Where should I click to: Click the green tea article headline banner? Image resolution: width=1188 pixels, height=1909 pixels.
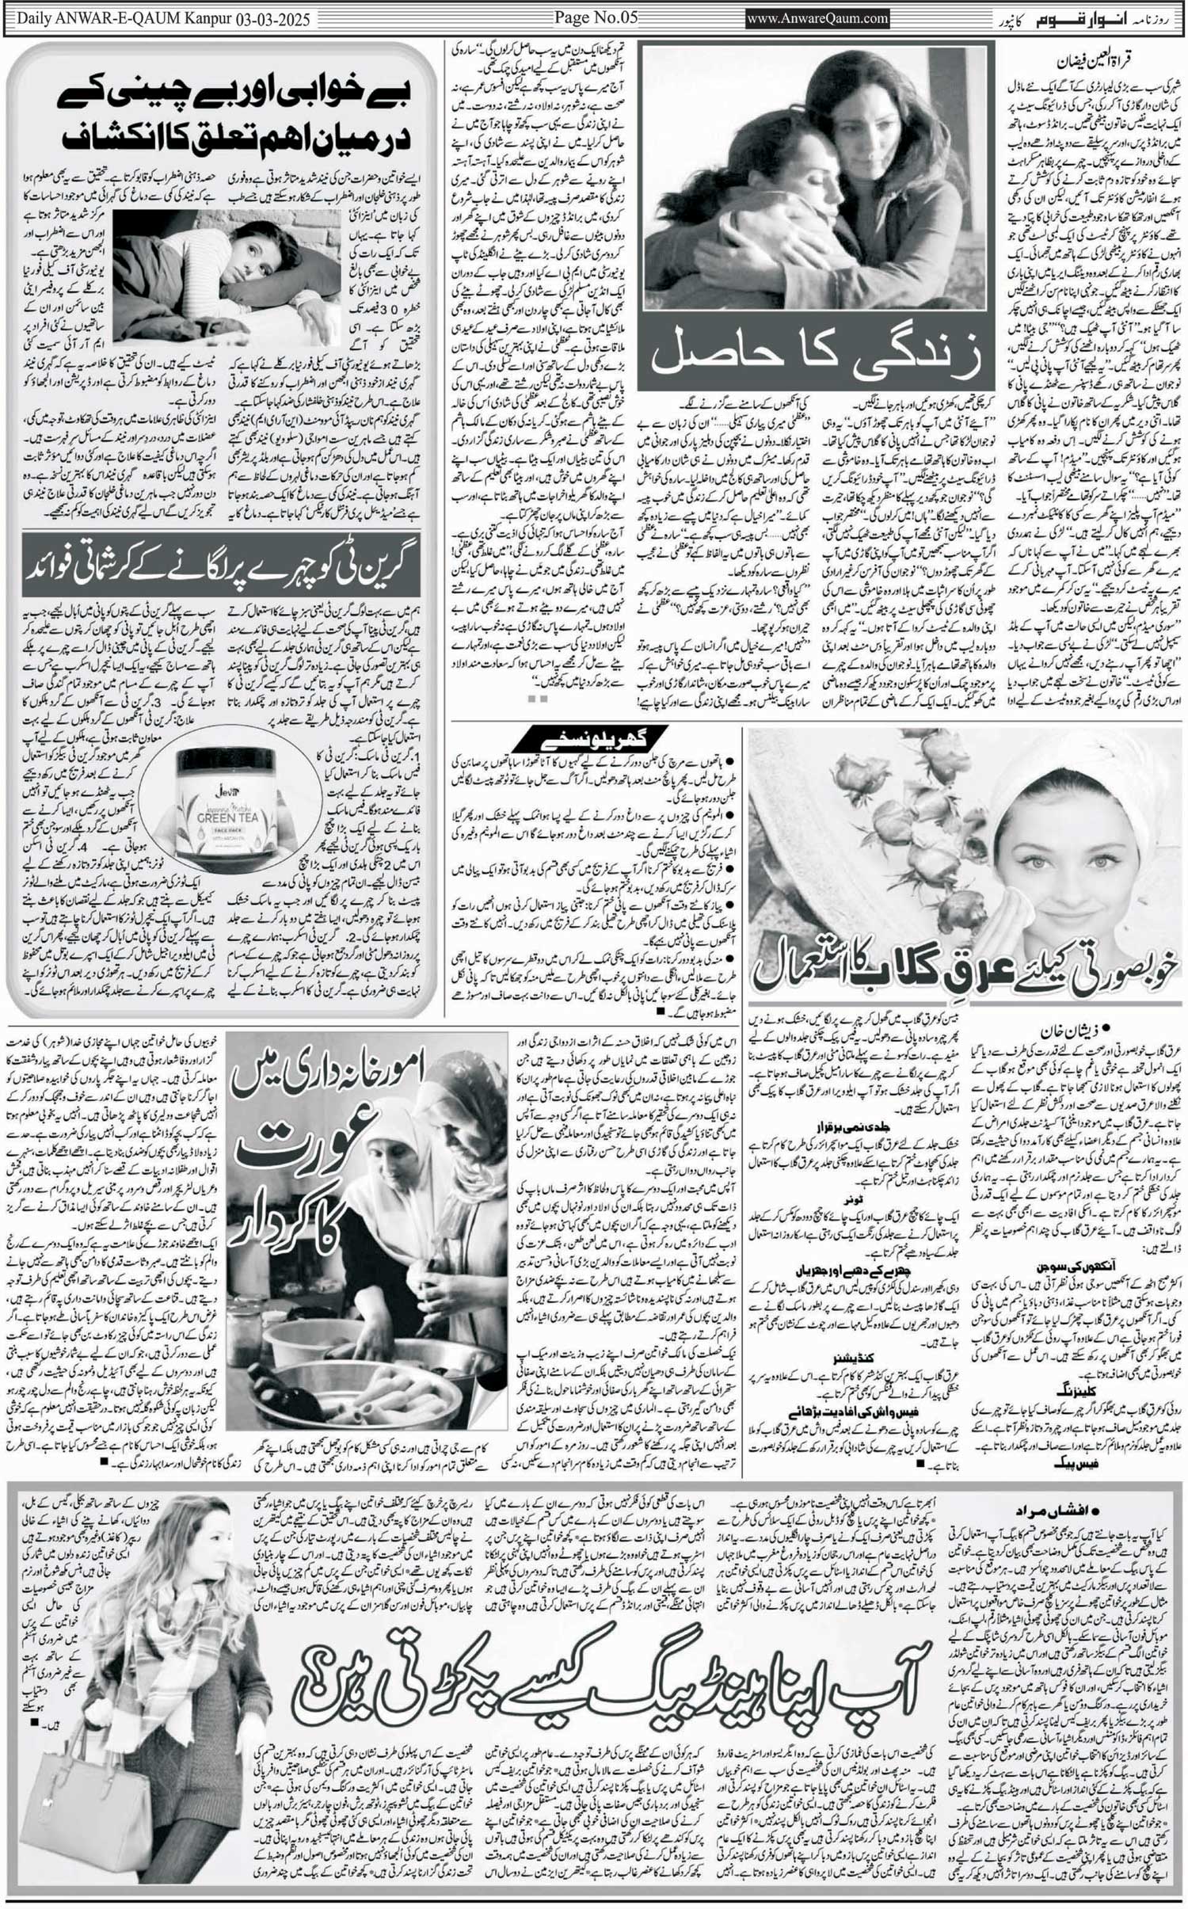221,565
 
